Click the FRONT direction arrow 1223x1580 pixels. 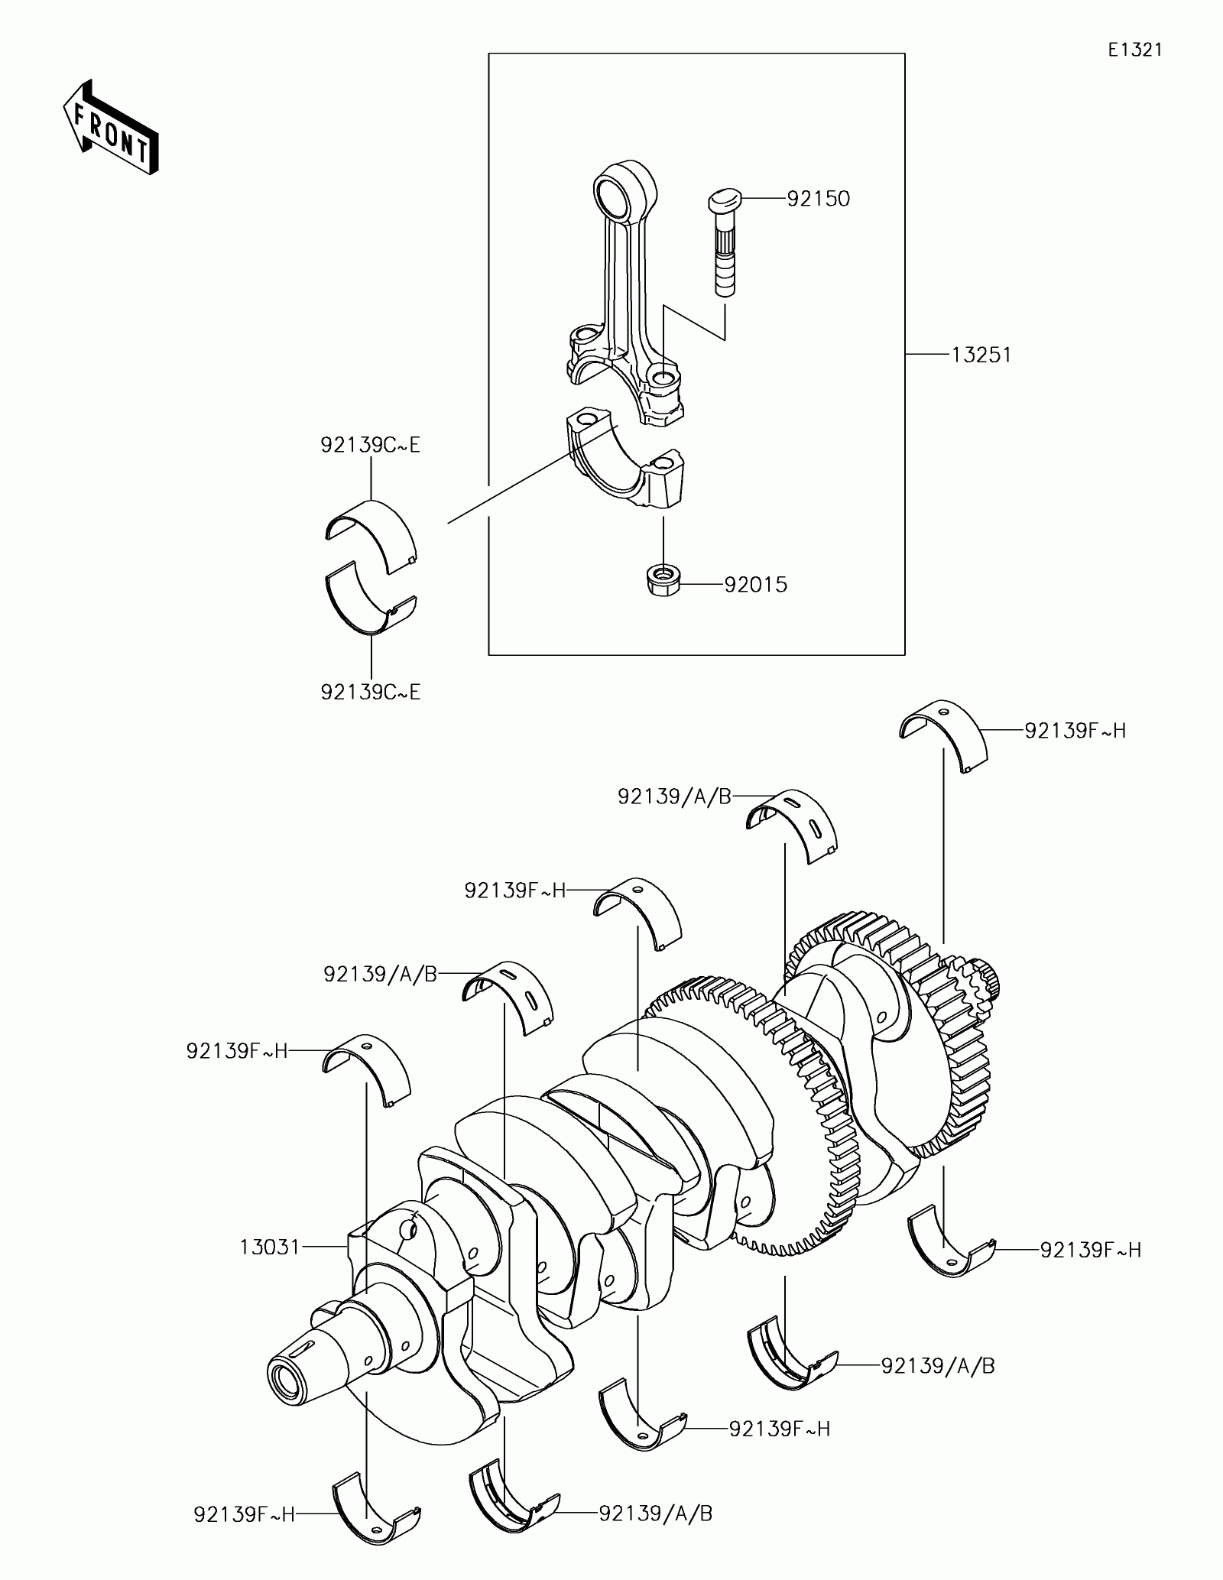[112, 126]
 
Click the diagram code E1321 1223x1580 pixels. [1135, 50]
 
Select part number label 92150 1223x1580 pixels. [818, 200]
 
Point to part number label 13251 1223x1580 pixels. [981, 355]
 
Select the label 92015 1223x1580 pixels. [755, 586]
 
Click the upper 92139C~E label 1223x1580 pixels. [371, 446]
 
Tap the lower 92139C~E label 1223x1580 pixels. [371, 693]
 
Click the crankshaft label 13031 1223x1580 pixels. [270, 1247]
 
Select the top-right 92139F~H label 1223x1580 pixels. [1075, 731]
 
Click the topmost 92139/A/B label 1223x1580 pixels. [674, 797]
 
